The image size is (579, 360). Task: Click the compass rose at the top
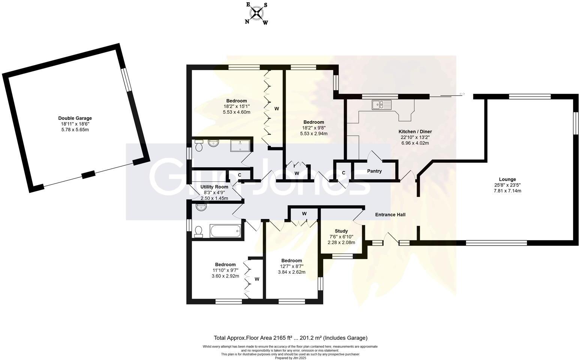(257, 13)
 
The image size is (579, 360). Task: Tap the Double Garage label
(75, 118)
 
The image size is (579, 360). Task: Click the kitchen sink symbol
(381, 105)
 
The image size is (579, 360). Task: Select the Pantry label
(374, 171)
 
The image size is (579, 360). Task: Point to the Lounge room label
(507, 180)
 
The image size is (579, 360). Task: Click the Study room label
(341, 231)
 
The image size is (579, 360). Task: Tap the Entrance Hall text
(390, 215)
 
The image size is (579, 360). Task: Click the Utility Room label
(214, 187)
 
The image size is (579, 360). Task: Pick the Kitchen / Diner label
(415, 132)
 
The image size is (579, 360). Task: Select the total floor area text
(290, 338)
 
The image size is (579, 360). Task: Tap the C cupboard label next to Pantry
(343, 173)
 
